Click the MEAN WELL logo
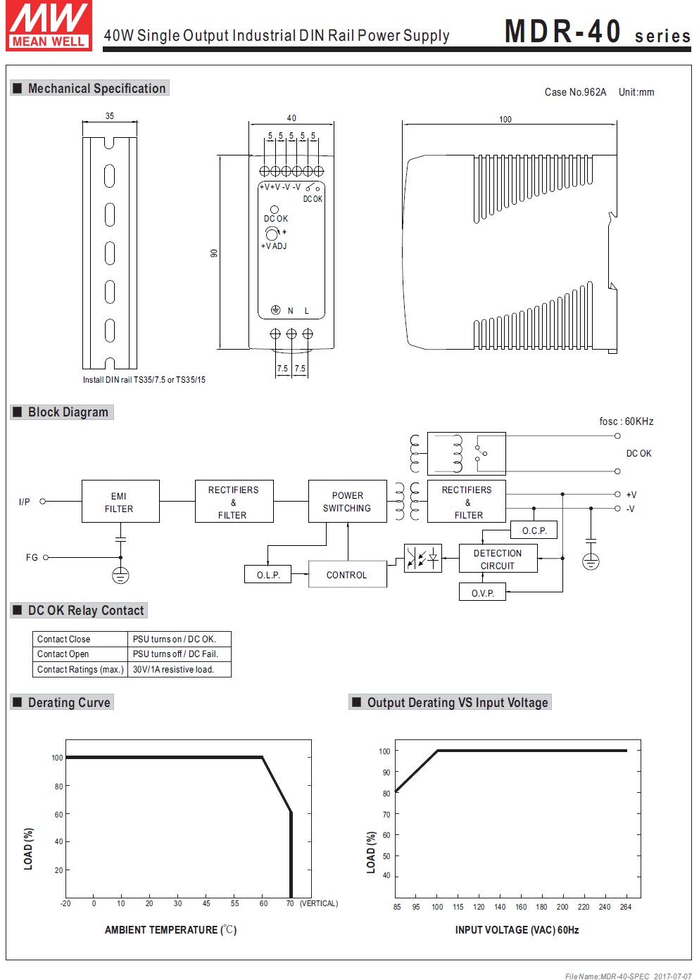pyautogui.click(x=49, y=25)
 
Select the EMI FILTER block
pyautogui.click(x=120, y=502)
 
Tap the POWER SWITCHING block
pyautogui.click(x=348, y=502)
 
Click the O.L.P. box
pyautogui.click(x=268, y=575)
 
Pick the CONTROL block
pyautogui.click(x=348, y=574)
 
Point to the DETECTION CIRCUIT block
pyautogui.click(x=498, y=559)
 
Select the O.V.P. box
pyautogui.click(x=482, y=592)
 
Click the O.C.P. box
pyautogui.click(x=534, y=530)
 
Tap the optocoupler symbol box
pyautogui.click(x=423, y=559)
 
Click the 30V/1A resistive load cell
pyautogui.click(x=179, y=669)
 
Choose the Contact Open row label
pyautogui.click(x=63, y=654)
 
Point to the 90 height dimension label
pyautogui.click(x=213, y=253)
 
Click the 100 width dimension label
pyautogui.click(x=505, y=120)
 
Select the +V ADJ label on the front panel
pyautogui.click(x=274, y=246)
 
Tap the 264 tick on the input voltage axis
pyautogui.click(x=626, y=907)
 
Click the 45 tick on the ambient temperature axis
pyautogui.click(x=206, y=903)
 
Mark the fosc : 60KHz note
pyautogui.click(x=626, y=421)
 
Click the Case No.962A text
pyautogui.click(x=575, y=92)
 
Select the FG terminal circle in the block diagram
pyautogui.click(x=46, y=557)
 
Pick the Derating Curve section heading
pyautogui.click(x=62, y=702)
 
